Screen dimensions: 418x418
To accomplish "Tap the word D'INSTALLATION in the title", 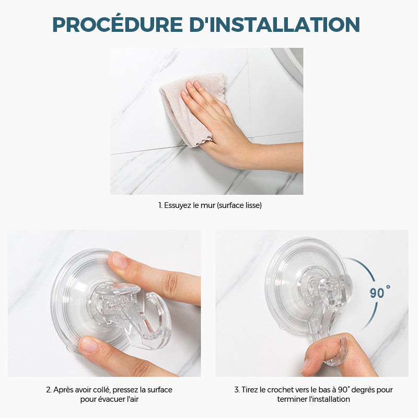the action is coord(275,25).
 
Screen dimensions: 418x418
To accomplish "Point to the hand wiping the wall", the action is coord(235,133).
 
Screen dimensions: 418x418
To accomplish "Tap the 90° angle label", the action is coord(380,293).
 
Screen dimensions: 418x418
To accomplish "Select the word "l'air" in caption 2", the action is coord(133,399).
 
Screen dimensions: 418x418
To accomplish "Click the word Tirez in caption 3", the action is coord(250,390).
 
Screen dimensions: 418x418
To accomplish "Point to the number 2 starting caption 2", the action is coord(48,390).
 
